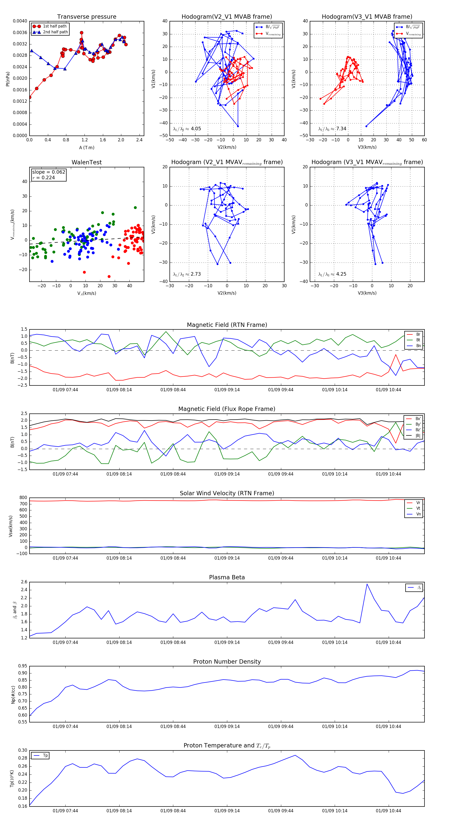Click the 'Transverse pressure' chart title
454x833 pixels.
point(87,17)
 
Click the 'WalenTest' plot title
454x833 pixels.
point(87,162)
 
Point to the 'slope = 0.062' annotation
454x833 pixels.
point(48,172)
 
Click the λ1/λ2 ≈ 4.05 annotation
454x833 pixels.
point(187,129)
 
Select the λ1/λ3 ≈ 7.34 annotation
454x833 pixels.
point(332,129)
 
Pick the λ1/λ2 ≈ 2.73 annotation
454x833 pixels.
point(187,274)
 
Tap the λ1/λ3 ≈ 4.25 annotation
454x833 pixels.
point(332,274)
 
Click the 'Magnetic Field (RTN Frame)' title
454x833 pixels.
point(227,325)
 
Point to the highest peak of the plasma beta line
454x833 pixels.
point(367,584)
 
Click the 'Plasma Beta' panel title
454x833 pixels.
point(227,578)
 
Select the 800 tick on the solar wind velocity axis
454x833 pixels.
point(23,498)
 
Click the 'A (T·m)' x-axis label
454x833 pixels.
point(87,148)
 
